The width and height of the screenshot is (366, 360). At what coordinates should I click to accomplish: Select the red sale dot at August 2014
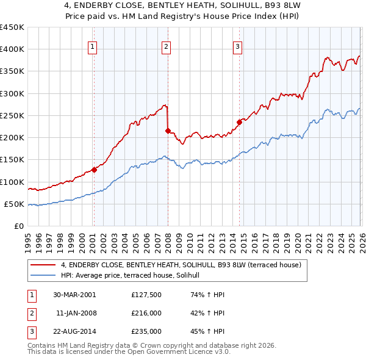pyautogui.click(x=239, y=122)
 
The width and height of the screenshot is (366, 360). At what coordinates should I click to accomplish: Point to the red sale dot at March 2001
pyautogui.click(x=94, y=170)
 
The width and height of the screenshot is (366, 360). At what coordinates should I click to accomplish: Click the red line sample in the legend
pyautogui.click(x=44, y=265)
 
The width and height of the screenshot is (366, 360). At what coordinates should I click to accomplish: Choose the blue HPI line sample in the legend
pyautogui.click(x=44, y=276)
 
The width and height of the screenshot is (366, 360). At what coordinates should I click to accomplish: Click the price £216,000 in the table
pyautogui.click(x=146, y=313)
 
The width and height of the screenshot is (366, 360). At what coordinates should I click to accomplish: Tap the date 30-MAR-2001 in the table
pyautogui.click(x=74, y=295)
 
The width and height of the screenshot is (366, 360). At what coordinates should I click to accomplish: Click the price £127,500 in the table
pyautogui.click(x=146, y=295)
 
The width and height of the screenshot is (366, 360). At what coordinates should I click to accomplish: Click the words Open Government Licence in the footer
pyautogui.click(x=181, y=352)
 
